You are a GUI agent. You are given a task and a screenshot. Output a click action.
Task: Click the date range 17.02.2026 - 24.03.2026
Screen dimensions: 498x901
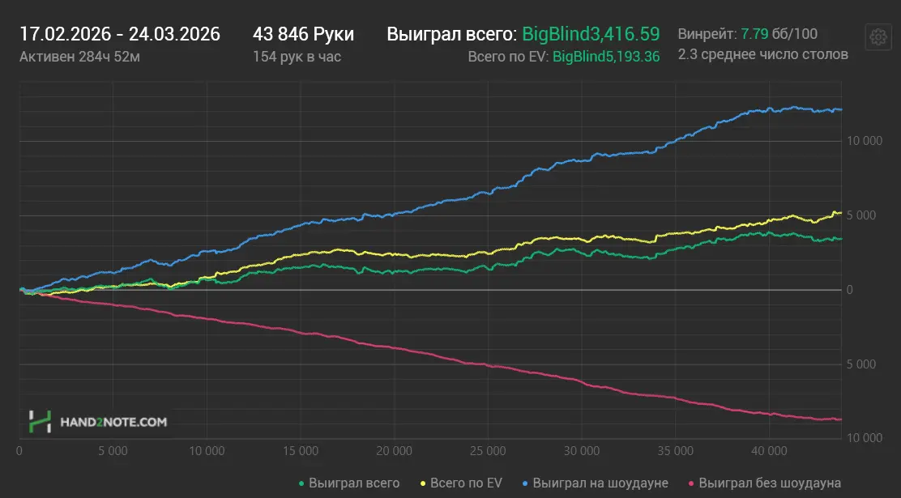tap(119, 34)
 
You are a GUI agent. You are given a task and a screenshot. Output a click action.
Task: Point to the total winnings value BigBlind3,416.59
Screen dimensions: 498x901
tap(591, 34)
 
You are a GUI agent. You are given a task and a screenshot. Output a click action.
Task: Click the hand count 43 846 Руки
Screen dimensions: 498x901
tap(303, 34)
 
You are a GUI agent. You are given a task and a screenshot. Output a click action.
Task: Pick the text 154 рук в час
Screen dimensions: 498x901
tap(297, 56)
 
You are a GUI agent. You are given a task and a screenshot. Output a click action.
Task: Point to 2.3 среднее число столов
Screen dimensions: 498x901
tap(762, 54)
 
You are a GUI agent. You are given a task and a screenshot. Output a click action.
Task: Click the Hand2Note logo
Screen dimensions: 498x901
tap(98, 421)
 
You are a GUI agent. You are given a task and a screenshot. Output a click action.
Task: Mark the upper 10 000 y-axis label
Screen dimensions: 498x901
tap(865, 141)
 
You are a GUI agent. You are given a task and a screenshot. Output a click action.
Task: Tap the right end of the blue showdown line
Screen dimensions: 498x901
tap(842, 109)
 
